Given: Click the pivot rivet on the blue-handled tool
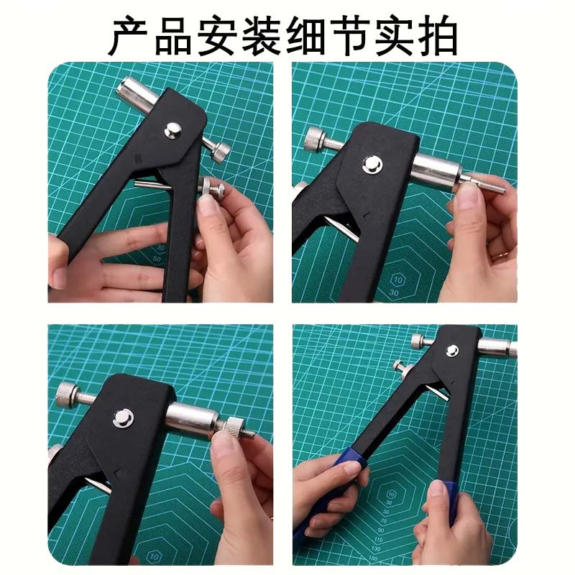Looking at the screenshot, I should (452, 351).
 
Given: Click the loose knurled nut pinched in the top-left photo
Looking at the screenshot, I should (213, 190).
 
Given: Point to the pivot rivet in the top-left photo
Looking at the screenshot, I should (172, 130).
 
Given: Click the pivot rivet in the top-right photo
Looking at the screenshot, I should (372, 165).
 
